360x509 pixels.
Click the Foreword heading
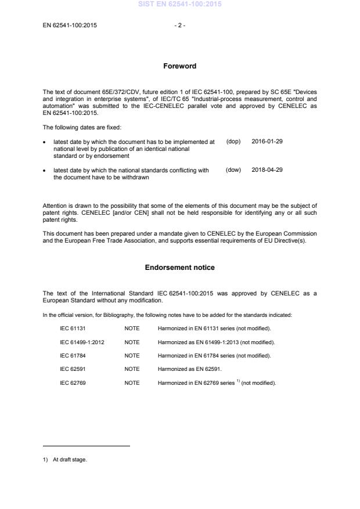coord(179,66)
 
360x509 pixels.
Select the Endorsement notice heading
coord(179,268)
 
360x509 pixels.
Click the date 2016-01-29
coord(267,141)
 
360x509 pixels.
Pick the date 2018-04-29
coord(267,170)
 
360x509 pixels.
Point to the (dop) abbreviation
coord(233,141)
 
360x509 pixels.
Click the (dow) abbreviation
coord(233,170)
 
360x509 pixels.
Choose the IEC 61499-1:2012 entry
coord(82,342)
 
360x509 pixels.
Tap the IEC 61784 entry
coord(73,355)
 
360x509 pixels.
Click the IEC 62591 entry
coord(73,369)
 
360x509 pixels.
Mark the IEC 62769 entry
coord(73,383)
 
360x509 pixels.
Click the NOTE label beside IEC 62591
coord(132,369)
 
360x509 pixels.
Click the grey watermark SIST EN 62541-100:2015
coord(179,4)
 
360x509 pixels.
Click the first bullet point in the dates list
coord(45,142)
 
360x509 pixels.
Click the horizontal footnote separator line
coord(87,446)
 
